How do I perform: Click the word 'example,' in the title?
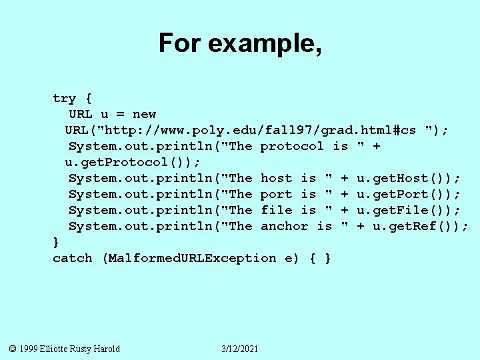pyautogui.click(x=265, y=44)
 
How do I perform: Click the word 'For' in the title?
pyautogui.click(x=180, y=44)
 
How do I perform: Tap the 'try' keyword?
pyautogui.click(x=65, y=99)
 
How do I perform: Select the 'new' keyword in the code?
pyautogui.click(x=144, y=115)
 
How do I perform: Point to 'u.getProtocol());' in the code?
pyautogui.click(x=132, y=163)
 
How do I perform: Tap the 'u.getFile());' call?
pyautogui.click(x=408, y=211)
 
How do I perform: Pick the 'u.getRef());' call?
pyautogui.click(x=420, y=227)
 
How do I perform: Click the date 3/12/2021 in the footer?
pyautogui.click(x=240, y=349)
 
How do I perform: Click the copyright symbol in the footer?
pyautogui.click(x=13, y=349)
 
